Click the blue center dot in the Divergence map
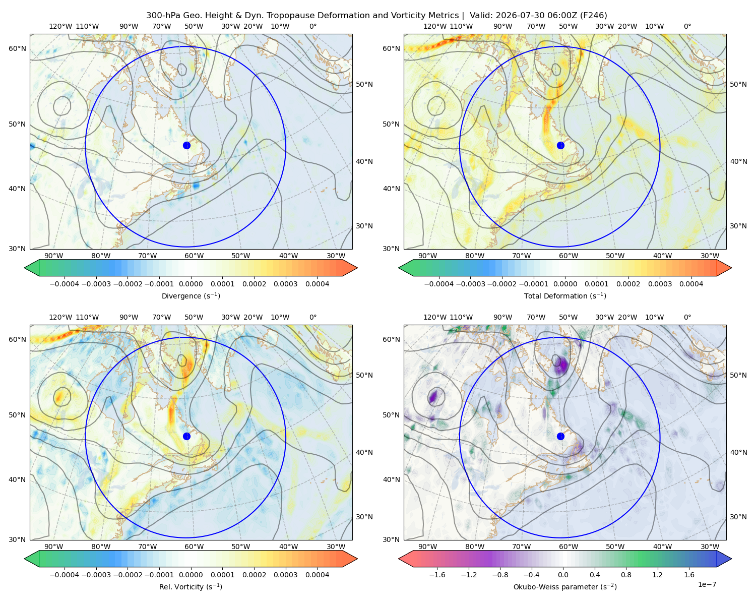186,145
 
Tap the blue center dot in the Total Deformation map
560,145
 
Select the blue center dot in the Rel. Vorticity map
186,436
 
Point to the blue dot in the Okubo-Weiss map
560,436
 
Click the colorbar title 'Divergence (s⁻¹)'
191,295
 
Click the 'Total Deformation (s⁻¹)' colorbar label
565,295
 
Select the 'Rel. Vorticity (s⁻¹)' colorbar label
191,586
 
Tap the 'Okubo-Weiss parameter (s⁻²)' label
565,586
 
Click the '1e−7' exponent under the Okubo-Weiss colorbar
707,584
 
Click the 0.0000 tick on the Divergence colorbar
191,284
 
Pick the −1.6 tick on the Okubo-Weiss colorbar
437,575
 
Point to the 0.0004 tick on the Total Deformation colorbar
691,284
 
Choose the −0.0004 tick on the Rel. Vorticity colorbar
65,575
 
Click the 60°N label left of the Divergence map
17,48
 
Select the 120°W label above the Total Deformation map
435,26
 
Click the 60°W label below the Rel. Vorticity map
194,547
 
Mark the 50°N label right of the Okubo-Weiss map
738,375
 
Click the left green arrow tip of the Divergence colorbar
25,268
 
